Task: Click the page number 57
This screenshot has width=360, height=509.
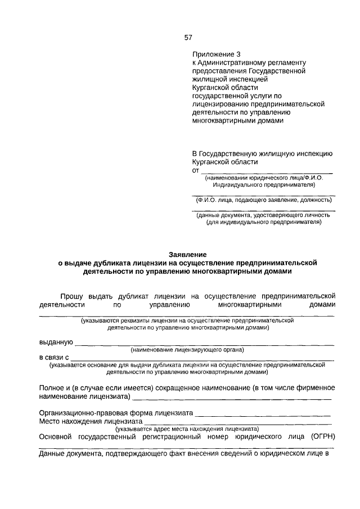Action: tap(188, 38)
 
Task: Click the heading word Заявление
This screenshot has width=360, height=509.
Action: tap(188, 254)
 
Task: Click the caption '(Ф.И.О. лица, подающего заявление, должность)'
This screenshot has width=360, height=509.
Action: tap(263, 200)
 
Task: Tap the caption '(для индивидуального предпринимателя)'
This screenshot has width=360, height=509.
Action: tap(263, 222)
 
